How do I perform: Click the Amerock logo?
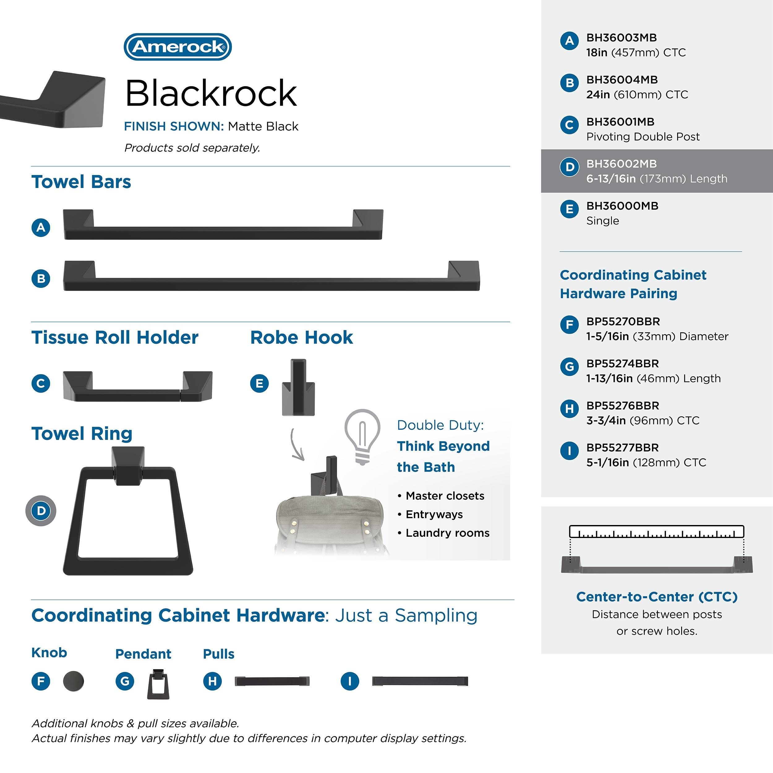click(178, 47)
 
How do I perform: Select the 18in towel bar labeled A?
click(223, 225)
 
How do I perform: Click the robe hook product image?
click(298, 388)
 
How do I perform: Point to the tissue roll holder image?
click(138, 386)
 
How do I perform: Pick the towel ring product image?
click(128, 512)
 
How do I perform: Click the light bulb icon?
click(362, 436)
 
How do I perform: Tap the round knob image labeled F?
click(74, 681)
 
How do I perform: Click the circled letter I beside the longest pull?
click(350, 681)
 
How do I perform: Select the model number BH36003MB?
click(621, 38)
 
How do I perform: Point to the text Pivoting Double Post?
click(643, 137)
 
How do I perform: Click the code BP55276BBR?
click(622, 406)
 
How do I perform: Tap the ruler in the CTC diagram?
click(656, 532)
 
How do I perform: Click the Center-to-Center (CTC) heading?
click(656, 596)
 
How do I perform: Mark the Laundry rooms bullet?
click(447, 533)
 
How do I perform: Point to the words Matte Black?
click(263, 126)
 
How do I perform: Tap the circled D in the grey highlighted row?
click(569, 167)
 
